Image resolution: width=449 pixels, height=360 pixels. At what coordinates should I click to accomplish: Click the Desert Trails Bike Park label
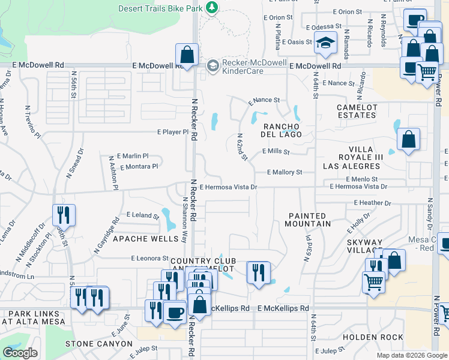(160, 8)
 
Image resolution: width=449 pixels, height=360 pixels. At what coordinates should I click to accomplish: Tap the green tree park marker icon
(211, 7)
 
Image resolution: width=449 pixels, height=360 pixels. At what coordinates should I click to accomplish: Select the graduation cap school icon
(326, 43)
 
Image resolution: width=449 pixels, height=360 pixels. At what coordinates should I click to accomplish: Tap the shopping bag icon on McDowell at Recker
(187, 55)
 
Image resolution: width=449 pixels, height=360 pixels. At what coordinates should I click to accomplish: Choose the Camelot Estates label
(357, 111)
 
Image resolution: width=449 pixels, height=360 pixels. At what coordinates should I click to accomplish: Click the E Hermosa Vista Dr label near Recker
(229, 187)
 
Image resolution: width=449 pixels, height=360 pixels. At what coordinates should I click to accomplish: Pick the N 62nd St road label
(242, 147)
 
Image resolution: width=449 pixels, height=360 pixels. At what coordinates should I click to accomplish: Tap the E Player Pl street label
(173, 132)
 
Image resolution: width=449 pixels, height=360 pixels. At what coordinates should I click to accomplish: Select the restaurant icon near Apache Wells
(64, 215)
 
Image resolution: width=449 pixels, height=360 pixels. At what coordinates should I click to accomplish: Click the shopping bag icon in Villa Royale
(408, 140)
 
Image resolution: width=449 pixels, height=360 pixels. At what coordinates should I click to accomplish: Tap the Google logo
(20, 353)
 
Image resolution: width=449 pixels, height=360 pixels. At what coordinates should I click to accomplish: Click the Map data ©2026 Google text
(411, 355)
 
